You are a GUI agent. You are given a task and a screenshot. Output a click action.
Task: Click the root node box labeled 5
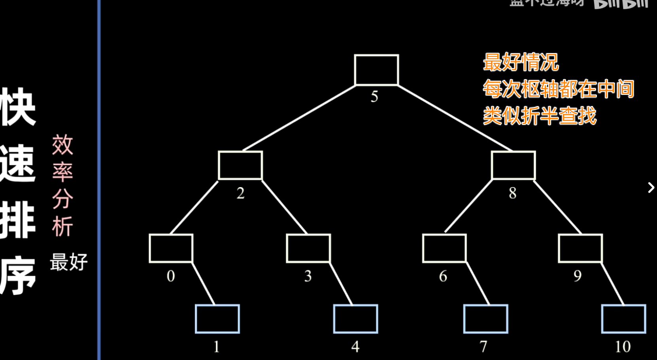[376, 70]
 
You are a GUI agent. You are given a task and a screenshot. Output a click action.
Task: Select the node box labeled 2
[240, 165]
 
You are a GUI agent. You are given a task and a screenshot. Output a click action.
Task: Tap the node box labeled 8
[513, 165]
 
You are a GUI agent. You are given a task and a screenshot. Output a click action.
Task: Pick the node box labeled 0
[171, 248]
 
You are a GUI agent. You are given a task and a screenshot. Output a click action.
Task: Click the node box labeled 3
[308, 248]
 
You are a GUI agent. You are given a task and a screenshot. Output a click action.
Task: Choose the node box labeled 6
[444, 248]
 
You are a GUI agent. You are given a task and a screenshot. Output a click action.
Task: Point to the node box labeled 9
[580, 248]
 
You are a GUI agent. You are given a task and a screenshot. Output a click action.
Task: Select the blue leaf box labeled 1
[217, 319]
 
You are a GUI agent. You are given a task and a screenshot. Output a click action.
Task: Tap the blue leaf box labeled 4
[355, 319]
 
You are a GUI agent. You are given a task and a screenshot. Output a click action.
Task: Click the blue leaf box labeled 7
[485, 319]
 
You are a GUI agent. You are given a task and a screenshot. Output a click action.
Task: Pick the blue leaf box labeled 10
[623, 319]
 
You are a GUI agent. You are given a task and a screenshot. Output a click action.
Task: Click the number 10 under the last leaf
[623, 347]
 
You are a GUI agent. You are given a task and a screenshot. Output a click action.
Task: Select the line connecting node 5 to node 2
[299, 118]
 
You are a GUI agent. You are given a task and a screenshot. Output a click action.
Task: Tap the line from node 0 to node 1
[204, 284]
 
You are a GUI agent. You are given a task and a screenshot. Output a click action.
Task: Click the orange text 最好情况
[521, 62]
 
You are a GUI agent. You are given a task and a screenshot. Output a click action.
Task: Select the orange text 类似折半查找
[540, 116]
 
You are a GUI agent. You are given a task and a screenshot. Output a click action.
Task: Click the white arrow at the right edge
[651, 188]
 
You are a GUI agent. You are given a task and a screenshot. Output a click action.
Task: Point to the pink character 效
[62, 145]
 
